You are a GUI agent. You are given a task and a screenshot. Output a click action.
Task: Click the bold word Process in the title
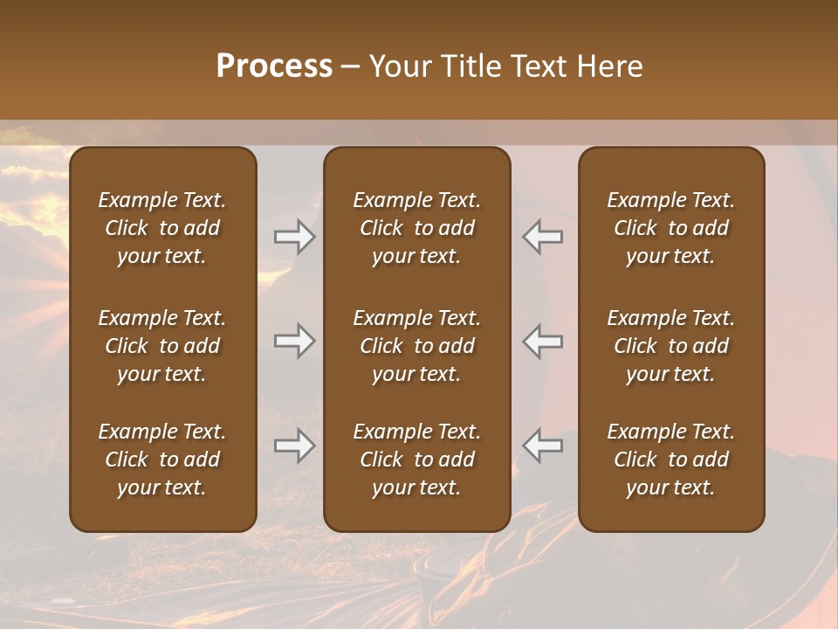click(x=274, y=66)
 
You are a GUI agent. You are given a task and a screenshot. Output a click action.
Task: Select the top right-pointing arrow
click(x=294, y=236)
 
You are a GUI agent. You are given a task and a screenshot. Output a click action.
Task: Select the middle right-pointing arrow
click(x=294, y=341)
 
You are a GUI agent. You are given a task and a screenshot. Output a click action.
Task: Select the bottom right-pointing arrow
click(x=294, y=446)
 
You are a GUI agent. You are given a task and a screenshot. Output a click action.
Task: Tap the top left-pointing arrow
click(x=543, y=236)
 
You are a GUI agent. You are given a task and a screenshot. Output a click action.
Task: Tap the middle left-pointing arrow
click(x=543, y=341)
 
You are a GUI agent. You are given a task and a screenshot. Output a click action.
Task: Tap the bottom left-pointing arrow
click(x=543, y=446)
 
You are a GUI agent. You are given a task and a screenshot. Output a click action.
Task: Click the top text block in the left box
click(x=162, y=228)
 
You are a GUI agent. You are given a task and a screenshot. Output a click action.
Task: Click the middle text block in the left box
click(x=162, y=346)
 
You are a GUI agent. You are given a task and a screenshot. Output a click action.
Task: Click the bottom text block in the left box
click(x=162, y=460)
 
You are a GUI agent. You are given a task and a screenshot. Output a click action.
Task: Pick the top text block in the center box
click(x=416, y=228)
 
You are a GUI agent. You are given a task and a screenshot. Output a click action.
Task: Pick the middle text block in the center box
click(x=416, y=346)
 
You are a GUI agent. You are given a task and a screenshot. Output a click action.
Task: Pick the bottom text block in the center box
click(x=416, y=460)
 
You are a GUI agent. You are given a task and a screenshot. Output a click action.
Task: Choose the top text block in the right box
click(x=670, y=228)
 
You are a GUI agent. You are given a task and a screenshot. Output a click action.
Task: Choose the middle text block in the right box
click(x=670, y=346)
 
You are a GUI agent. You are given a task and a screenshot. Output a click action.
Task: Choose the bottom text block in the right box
click(x=670, y=460)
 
